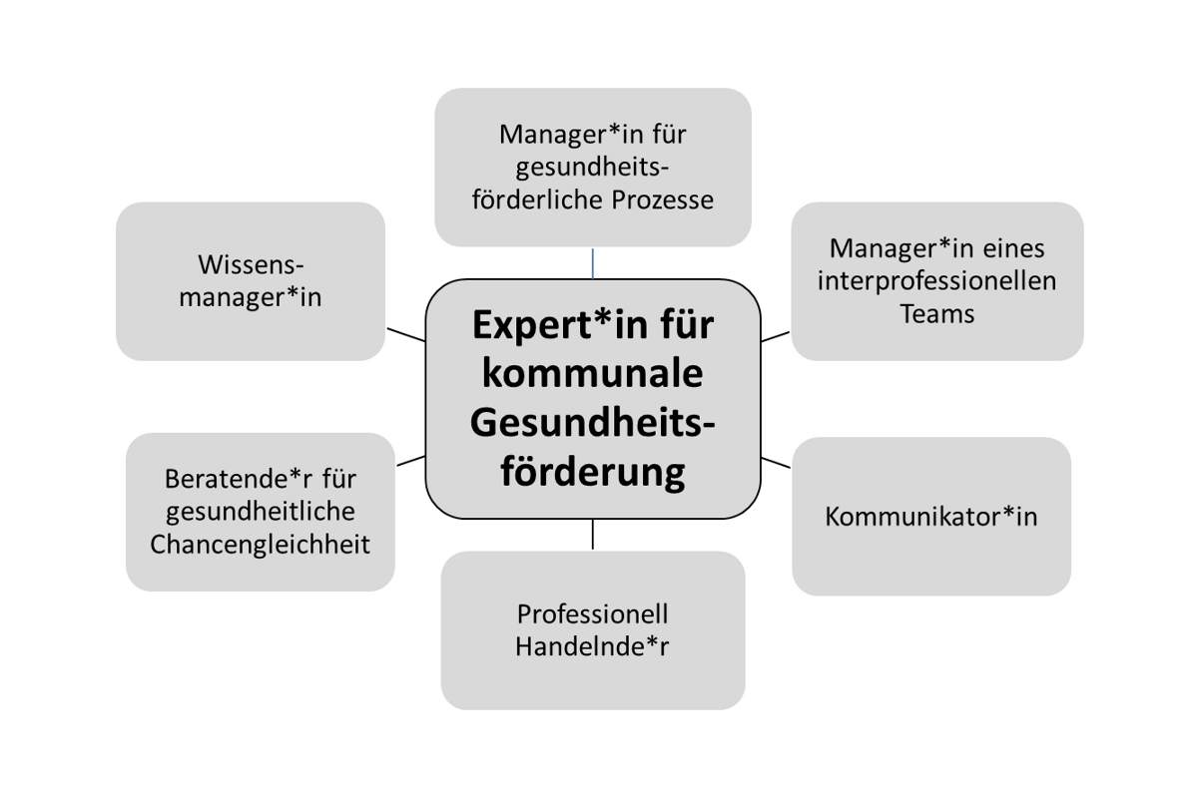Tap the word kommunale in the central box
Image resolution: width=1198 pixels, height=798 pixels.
tap(592, 376)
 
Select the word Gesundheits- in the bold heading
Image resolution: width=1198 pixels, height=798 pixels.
tap(592, 424)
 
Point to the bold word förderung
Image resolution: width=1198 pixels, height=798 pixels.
tap(592, 471)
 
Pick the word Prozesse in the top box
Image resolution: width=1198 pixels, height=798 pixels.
tap(663, 199)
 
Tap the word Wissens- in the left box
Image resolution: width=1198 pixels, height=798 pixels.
tap(250, 266)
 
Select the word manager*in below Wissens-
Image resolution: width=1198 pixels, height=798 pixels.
tap(250, 297)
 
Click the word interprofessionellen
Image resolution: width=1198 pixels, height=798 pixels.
tap(936, 280)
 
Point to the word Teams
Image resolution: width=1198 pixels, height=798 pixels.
tap(936, 313)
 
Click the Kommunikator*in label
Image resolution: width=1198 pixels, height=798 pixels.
tap(931, 518)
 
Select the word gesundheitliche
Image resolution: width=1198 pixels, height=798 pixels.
tap(260, 512)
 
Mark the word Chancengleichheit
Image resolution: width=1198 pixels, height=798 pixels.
tap(260, 545)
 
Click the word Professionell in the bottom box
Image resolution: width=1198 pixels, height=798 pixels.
tap(592, 612)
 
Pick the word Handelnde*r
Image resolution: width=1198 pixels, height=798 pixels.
tap(592, 645)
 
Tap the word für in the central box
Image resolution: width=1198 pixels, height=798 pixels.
tap(679, 328)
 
